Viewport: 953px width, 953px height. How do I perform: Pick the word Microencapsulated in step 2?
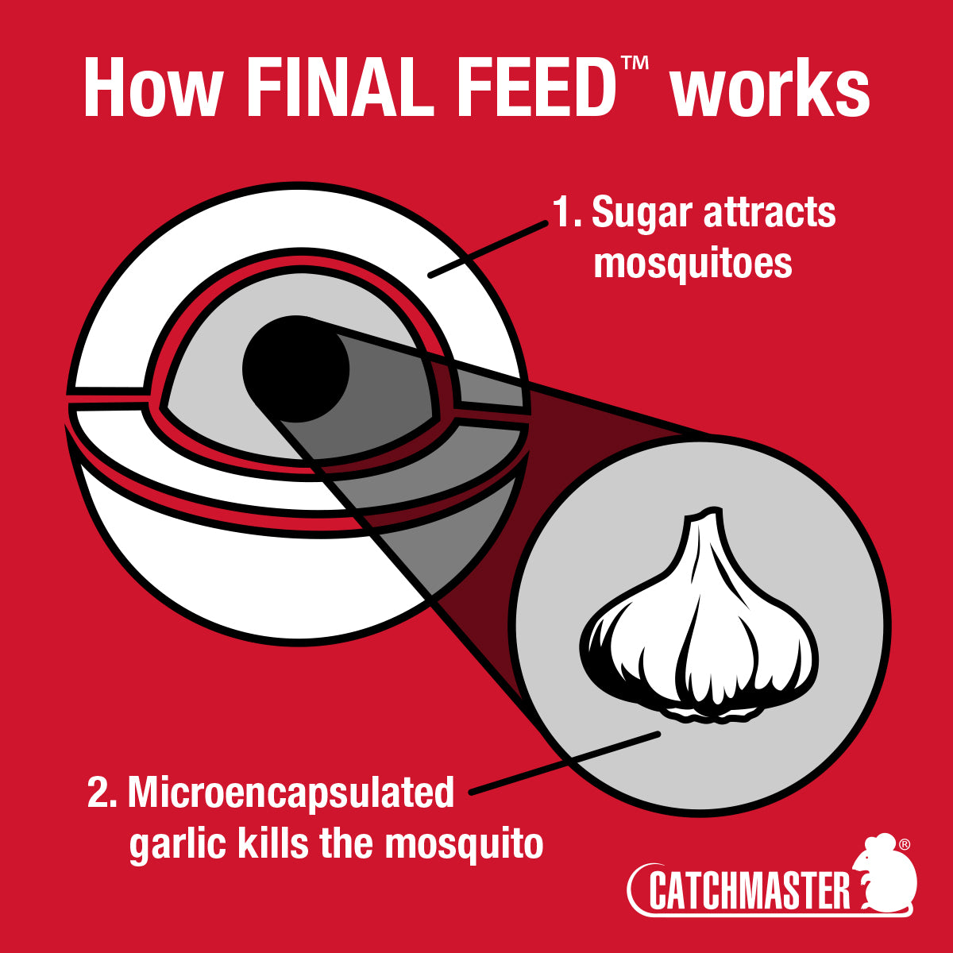[291, 793]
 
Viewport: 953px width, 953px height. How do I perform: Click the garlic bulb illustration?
[699, 627]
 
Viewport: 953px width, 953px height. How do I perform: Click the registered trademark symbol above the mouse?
[904, 843]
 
